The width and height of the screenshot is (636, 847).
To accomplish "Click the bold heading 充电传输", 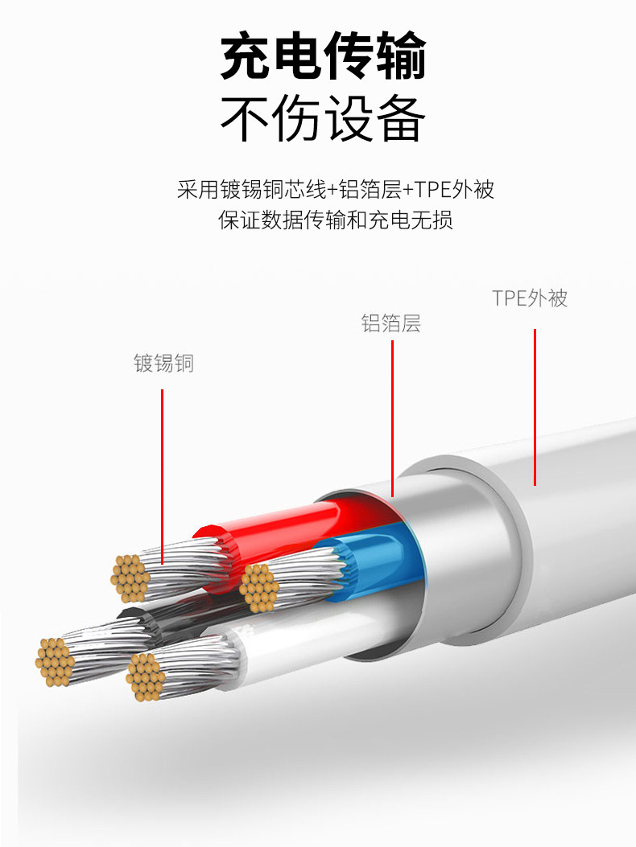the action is point(323,56).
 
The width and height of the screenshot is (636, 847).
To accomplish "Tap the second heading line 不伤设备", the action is point(323,119).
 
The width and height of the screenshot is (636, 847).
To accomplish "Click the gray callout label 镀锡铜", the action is point(163,364).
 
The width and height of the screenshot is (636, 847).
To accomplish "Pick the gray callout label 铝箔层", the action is point(390,324).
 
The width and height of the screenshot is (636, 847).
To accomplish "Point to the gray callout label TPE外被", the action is point(530,298).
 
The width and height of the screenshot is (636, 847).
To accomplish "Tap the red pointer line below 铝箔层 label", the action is point(392,418).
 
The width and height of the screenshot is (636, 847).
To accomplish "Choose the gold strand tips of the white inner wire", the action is point(146,676).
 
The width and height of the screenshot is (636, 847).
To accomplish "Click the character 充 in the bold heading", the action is point(246,56).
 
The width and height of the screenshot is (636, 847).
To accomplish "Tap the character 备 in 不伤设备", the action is point(399,119).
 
